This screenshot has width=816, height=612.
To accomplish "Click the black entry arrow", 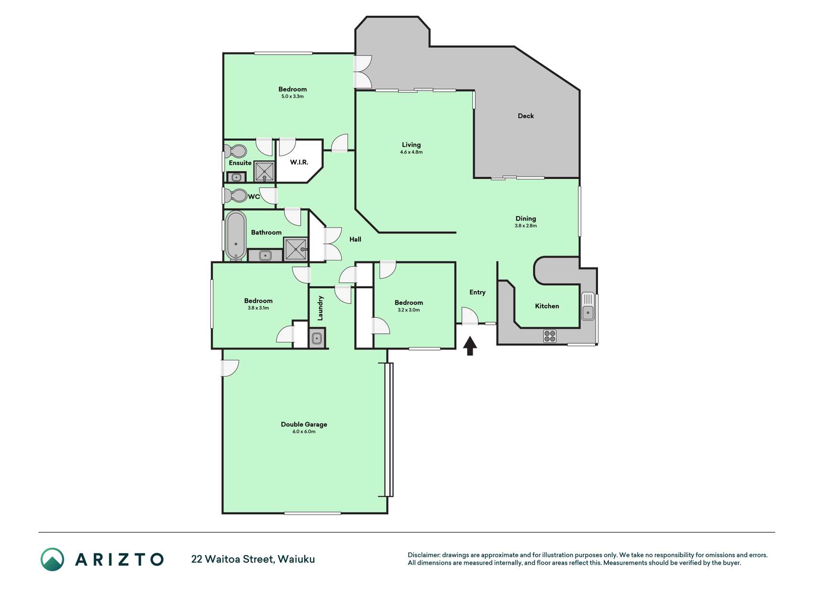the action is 470,346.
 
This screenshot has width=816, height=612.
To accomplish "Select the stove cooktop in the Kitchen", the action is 550,336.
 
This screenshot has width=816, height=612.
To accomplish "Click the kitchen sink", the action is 588,306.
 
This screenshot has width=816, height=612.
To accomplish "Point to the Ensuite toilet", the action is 236,152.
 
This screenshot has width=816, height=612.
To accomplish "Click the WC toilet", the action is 235,196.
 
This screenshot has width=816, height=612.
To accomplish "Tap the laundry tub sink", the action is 317,339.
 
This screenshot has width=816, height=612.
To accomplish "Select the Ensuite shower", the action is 264,171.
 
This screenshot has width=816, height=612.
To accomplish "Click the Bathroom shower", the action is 296,249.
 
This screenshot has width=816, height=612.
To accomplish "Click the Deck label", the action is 526,116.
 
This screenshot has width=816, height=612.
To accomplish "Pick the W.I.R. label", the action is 299,162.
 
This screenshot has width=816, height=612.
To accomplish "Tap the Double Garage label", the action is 304,424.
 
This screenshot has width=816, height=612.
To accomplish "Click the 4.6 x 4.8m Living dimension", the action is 411,152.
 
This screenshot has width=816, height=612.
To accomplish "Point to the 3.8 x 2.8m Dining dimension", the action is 526,226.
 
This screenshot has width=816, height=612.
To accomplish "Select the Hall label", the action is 355,239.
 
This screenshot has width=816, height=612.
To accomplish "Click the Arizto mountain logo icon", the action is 52,559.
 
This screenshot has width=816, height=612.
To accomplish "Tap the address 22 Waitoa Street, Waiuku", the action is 253,559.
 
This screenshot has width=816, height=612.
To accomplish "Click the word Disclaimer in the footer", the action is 424,555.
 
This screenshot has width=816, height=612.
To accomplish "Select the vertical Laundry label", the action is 320,308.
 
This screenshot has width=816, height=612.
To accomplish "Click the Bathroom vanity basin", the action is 265,256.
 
